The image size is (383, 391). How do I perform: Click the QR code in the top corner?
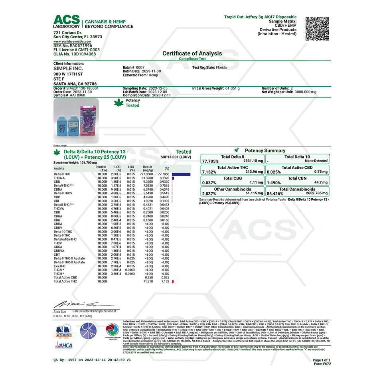318,29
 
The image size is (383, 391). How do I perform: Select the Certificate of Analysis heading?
192,53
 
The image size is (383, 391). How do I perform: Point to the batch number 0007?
140,67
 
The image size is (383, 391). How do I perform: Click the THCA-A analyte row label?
59,178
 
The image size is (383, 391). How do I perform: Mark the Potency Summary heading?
265,150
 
